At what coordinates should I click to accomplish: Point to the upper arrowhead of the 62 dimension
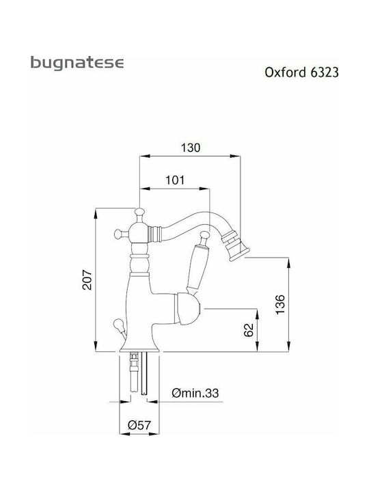click(258, 313)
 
